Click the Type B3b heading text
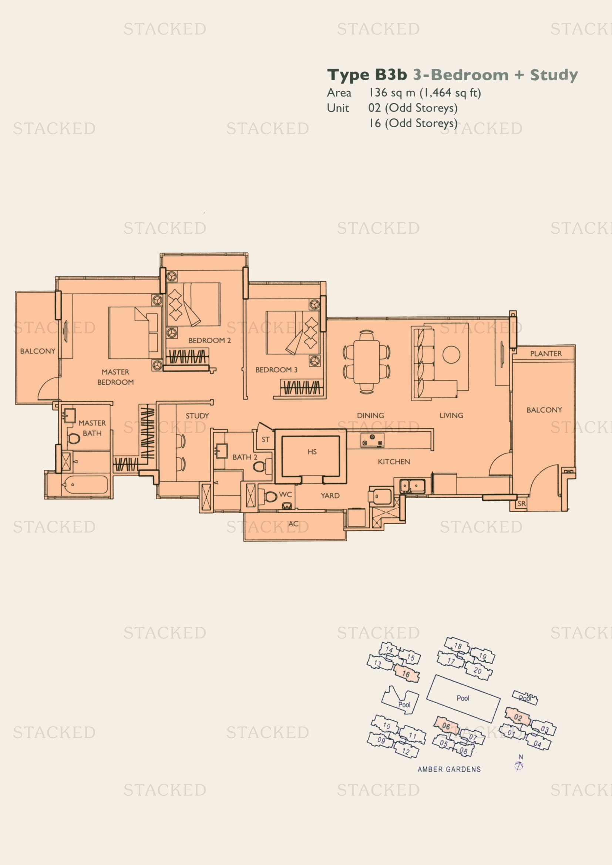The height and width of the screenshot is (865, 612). tap(367, 75)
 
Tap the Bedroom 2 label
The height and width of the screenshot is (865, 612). tap(209, 341)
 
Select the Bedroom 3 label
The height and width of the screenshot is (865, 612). tap(276, 370)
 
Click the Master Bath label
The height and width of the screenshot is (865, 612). tap(92, 428)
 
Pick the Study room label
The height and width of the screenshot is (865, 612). tap(197, 416)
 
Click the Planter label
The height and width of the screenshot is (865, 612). tap(546, 354)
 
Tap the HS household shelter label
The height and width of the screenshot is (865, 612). tap(312, 452)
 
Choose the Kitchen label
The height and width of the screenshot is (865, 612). tap(394, 462)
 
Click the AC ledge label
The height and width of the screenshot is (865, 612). tap(293, 524)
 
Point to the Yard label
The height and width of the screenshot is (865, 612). tap(330, 496)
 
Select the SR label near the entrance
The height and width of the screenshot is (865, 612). tap(521, 503)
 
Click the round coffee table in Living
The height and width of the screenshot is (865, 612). tap(451, 355)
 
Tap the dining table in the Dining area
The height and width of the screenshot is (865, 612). tap(367, 362)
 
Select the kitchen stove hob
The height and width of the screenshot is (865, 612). tap(372, 440)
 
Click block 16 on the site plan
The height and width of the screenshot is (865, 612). tap(406, 673)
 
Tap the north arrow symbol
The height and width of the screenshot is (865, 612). tap(519, 766)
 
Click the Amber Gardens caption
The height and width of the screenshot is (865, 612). tap(449, 769)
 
